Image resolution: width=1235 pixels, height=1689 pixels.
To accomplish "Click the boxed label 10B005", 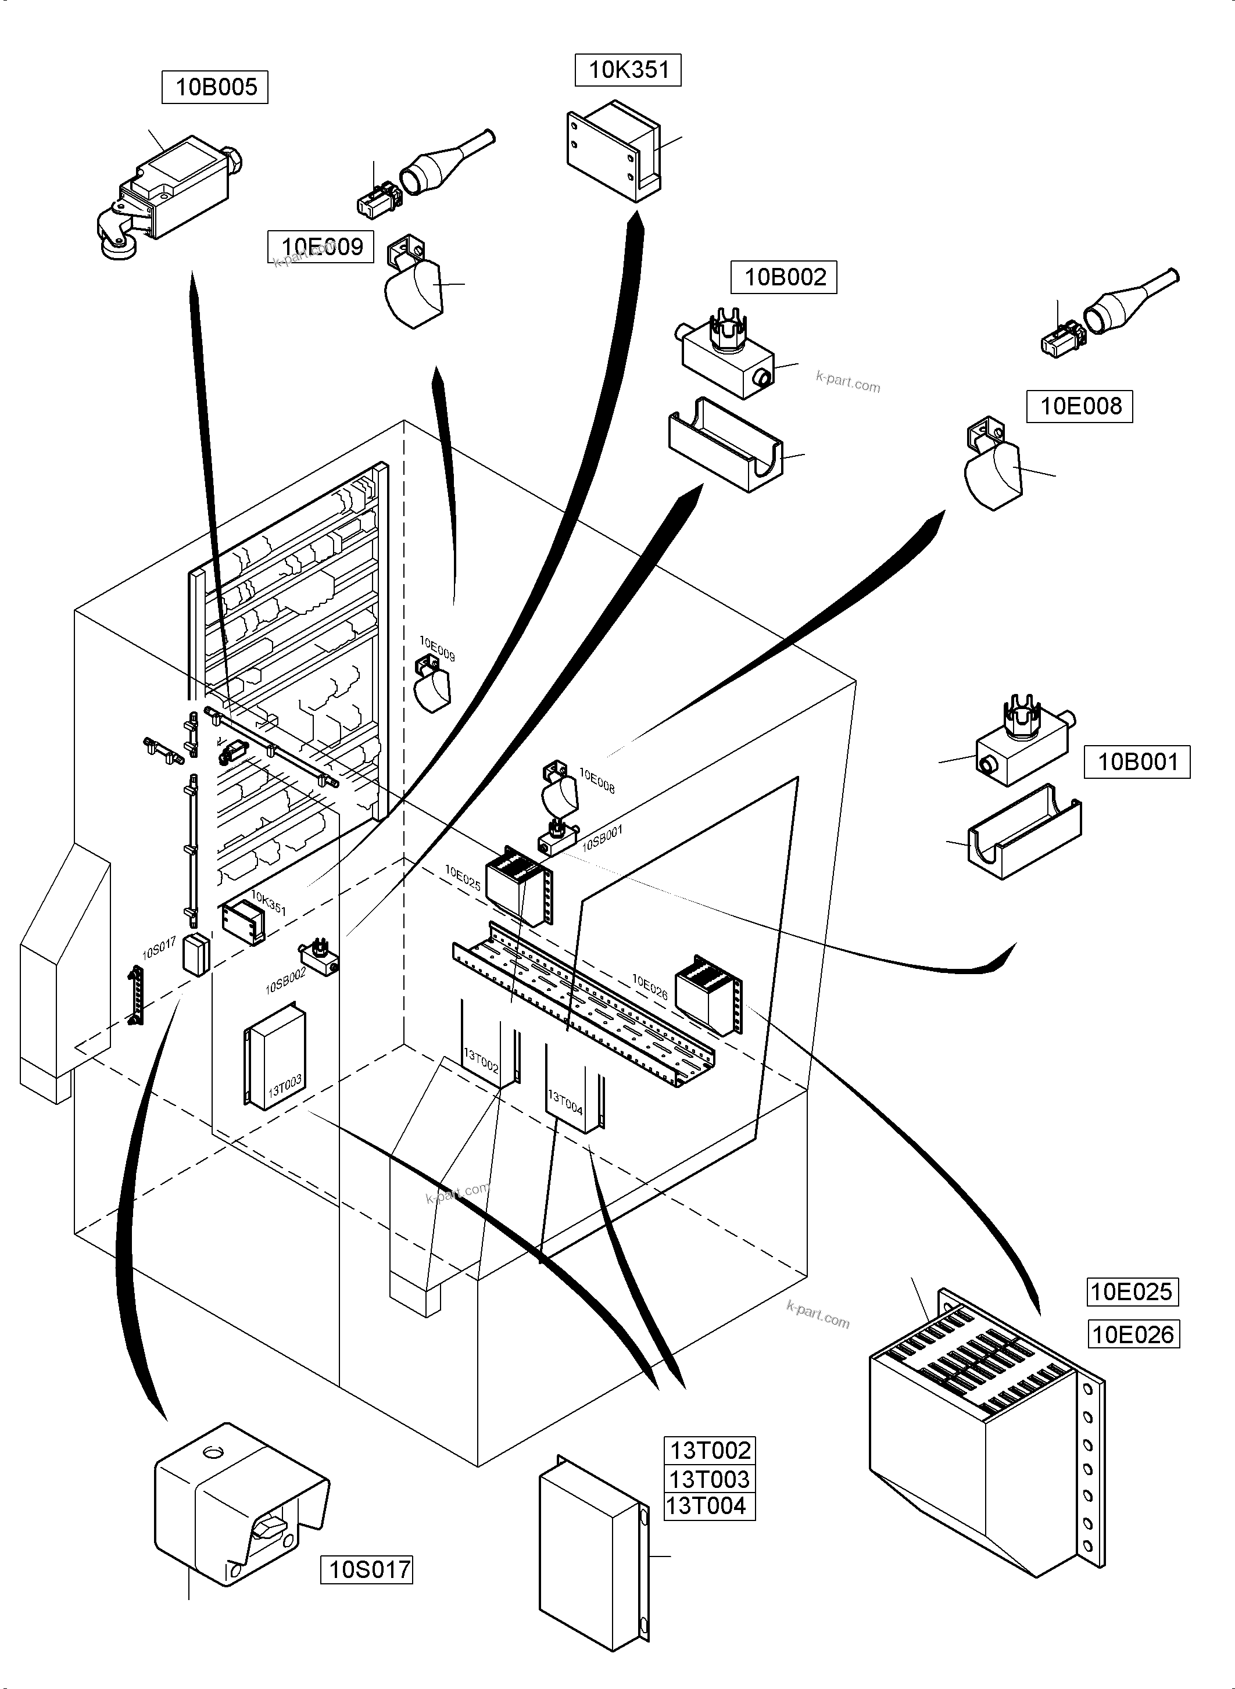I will coord(215,88).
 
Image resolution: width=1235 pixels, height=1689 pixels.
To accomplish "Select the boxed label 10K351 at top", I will coord(628,70).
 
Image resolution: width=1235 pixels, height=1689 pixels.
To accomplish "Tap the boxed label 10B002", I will coord(784,277).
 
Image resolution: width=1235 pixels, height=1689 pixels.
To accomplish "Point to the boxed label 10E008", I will coord(1079,407).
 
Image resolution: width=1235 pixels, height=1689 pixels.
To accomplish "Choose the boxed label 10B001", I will coord(1137,763).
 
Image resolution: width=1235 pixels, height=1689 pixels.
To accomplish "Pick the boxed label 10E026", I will coord(1133,1334).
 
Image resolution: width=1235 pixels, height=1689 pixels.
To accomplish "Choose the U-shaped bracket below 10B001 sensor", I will coord(1024,833).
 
